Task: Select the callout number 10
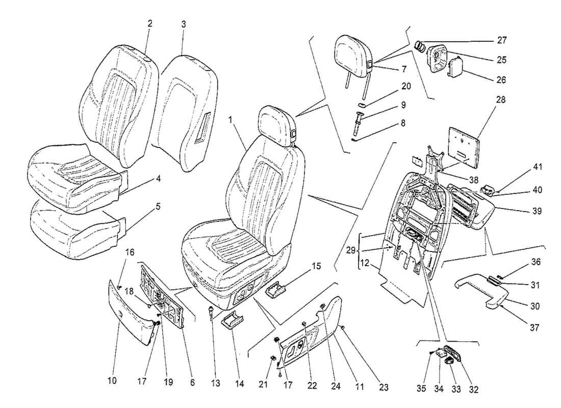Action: tap(112, 380)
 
